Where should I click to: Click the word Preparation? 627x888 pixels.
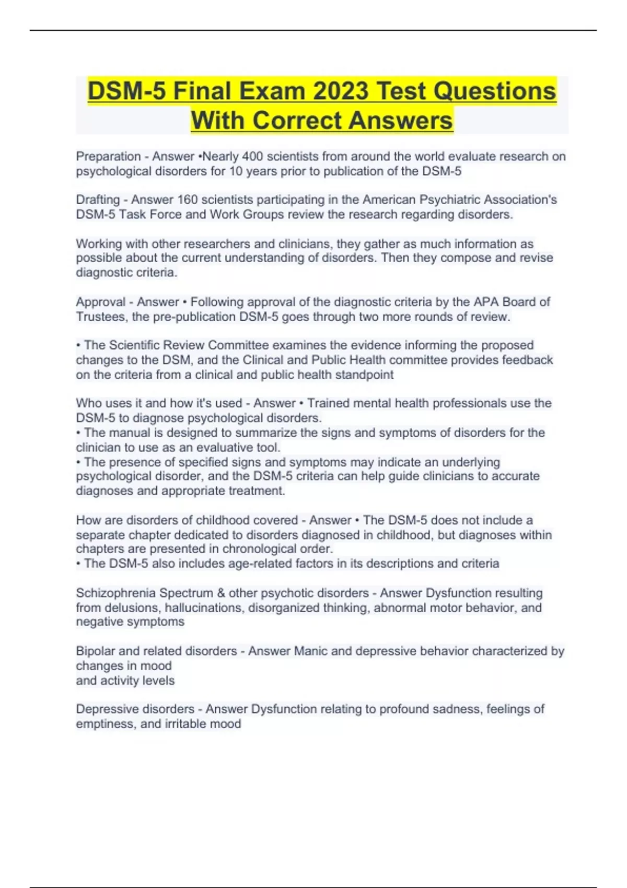pyautogui.click(x=108, y=157)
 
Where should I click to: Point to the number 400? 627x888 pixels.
pyautogui.click(x=252, y=157)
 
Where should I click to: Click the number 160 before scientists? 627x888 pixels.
pyautogui.click(x=188, y=200)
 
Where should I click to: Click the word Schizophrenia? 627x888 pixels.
pyautogui.click(x=115, y=593)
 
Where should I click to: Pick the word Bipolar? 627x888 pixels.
pyautogui.click(x=95, y=651)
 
